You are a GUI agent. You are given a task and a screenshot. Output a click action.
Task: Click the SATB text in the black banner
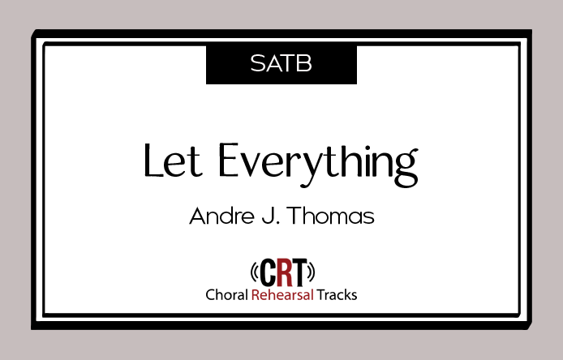point(281,63)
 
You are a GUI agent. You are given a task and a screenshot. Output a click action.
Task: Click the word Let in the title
point(173,160)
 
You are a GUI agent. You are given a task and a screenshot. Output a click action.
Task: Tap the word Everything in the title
point(318,165)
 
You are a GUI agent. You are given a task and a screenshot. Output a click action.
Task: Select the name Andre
point(222,216)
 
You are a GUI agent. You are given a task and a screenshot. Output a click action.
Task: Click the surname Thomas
point(330,216)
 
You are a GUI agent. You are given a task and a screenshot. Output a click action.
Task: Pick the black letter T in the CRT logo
point(300,272)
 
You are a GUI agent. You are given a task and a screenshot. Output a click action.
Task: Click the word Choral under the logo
point(226,294)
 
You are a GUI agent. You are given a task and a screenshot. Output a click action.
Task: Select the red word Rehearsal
point(282,294)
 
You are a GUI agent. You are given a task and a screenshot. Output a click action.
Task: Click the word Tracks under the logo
point(337,294)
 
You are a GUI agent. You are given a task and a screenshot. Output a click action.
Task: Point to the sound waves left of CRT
point(254,272)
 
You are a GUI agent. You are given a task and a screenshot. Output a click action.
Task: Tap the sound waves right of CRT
point(312,272)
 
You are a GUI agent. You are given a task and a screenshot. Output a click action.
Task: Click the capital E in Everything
point(228,160)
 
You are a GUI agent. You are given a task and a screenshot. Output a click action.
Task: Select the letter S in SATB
point(257,63)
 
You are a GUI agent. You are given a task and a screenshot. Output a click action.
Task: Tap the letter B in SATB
point(305,63)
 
